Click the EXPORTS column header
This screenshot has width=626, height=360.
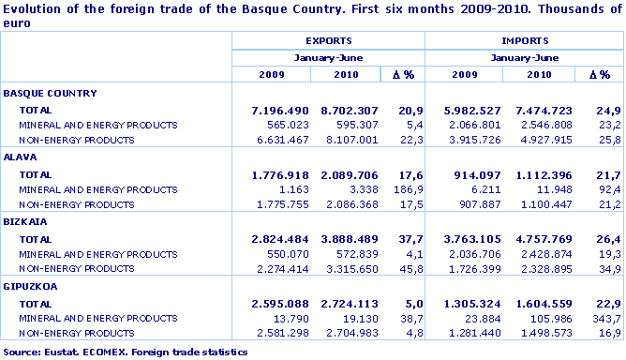pos(328,41)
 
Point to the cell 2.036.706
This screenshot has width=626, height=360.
pos(466,255)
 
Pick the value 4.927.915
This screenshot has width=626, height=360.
pos(541,140)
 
